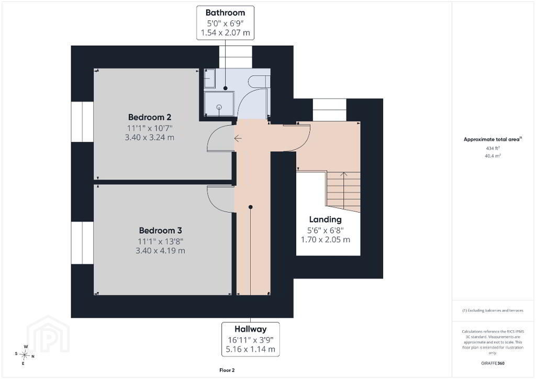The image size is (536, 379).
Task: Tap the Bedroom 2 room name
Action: pos(150,117)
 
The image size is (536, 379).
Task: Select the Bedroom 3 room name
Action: pos(160,231)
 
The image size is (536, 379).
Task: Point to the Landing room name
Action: pos(326,219)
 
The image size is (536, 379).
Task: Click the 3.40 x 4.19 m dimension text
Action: pos(160,251)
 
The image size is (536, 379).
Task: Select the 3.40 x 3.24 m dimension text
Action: pos(149,137)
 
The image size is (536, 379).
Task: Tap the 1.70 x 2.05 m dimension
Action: pos(326,240)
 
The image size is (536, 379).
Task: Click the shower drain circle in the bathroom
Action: pos(219,107)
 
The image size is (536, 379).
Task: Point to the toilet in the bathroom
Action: pos(259,81)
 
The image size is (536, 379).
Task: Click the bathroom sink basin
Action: pos(209,79)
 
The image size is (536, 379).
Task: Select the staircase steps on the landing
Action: pos(343,192)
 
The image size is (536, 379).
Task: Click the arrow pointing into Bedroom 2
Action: pos(238,138)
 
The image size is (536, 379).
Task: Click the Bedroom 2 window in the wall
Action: pos(82,121)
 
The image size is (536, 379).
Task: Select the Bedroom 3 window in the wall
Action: pos(82,243)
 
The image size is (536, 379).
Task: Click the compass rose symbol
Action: pos(25,355)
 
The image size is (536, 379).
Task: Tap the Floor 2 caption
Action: pos(227,370)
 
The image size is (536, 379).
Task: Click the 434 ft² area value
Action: pos(493,148)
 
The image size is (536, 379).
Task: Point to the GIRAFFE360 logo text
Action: pos(493,363)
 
